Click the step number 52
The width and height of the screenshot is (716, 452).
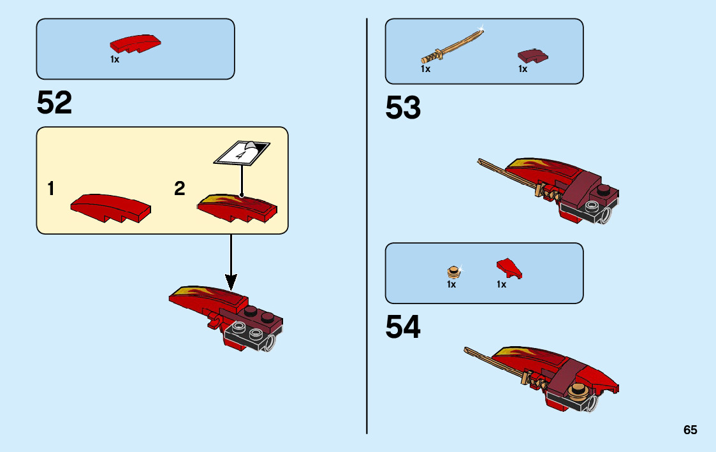pyautogui.click(x=55, y=103)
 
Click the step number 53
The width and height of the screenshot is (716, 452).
pyautogui.click(x=403, y=108)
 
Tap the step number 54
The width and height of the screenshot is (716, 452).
pyautogui.click(x=403, y=327)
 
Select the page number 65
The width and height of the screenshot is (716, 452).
pyautogui.click(x=690, y=430)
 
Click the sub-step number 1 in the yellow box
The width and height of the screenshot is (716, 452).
pyautogui.click(x=50, y=189)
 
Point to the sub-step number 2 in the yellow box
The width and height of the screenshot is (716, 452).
pyautogui.click(x=180, y=189)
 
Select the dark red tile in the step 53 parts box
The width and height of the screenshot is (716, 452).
pyautogui.click(x=532, y=56)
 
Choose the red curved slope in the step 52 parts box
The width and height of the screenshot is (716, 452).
pyautogui.click(x=135, y=44)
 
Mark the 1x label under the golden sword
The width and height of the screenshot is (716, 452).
pyautogui.click(x=425, y=69)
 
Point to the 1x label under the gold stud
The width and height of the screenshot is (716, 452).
pyautogui.click(x=451, y=285)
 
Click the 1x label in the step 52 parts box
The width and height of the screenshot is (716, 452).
pyautogui.click(x=115, y=59)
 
